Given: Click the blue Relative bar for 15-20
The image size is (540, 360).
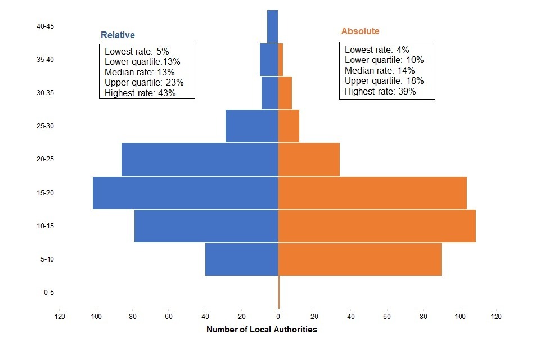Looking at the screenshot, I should coord(186,193).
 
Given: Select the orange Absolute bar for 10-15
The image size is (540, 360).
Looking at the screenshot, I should coord(377,226).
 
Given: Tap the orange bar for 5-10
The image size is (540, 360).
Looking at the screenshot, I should coord(360,259).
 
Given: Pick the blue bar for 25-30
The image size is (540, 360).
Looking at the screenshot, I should coord(252,126).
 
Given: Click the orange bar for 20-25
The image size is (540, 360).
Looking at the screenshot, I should coord(309,159).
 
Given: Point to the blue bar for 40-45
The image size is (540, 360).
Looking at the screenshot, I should coord(273,26).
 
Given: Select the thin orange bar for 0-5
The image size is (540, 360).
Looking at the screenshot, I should coord(279,292).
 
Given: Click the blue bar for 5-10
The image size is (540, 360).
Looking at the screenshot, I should coord(242,259).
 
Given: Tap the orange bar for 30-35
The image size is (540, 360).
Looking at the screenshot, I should coord(285,93).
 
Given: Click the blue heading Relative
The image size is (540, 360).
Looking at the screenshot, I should coord(118,35).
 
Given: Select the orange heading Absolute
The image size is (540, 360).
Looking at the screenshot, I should coord(360,31).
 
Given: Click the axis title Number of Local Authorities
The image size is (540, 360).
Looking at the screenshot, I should coord(262,330).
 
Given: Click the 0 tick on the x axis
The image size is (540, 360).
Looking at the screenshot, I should coord(278,317).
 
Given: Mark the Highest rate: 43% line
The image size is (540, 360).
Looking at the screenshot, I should coord(140,93).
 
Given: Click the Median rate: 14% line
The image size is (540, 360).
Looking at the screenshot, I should coord(380,70).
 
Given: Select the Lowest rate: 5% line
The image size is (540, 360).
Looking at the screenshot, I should coord(137,51).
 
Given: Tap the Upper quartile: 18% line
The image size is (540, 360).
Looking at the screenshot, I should coord(384,80).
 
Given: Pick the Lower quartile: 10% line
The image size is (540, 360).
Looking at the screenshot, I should coord(384,60).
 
